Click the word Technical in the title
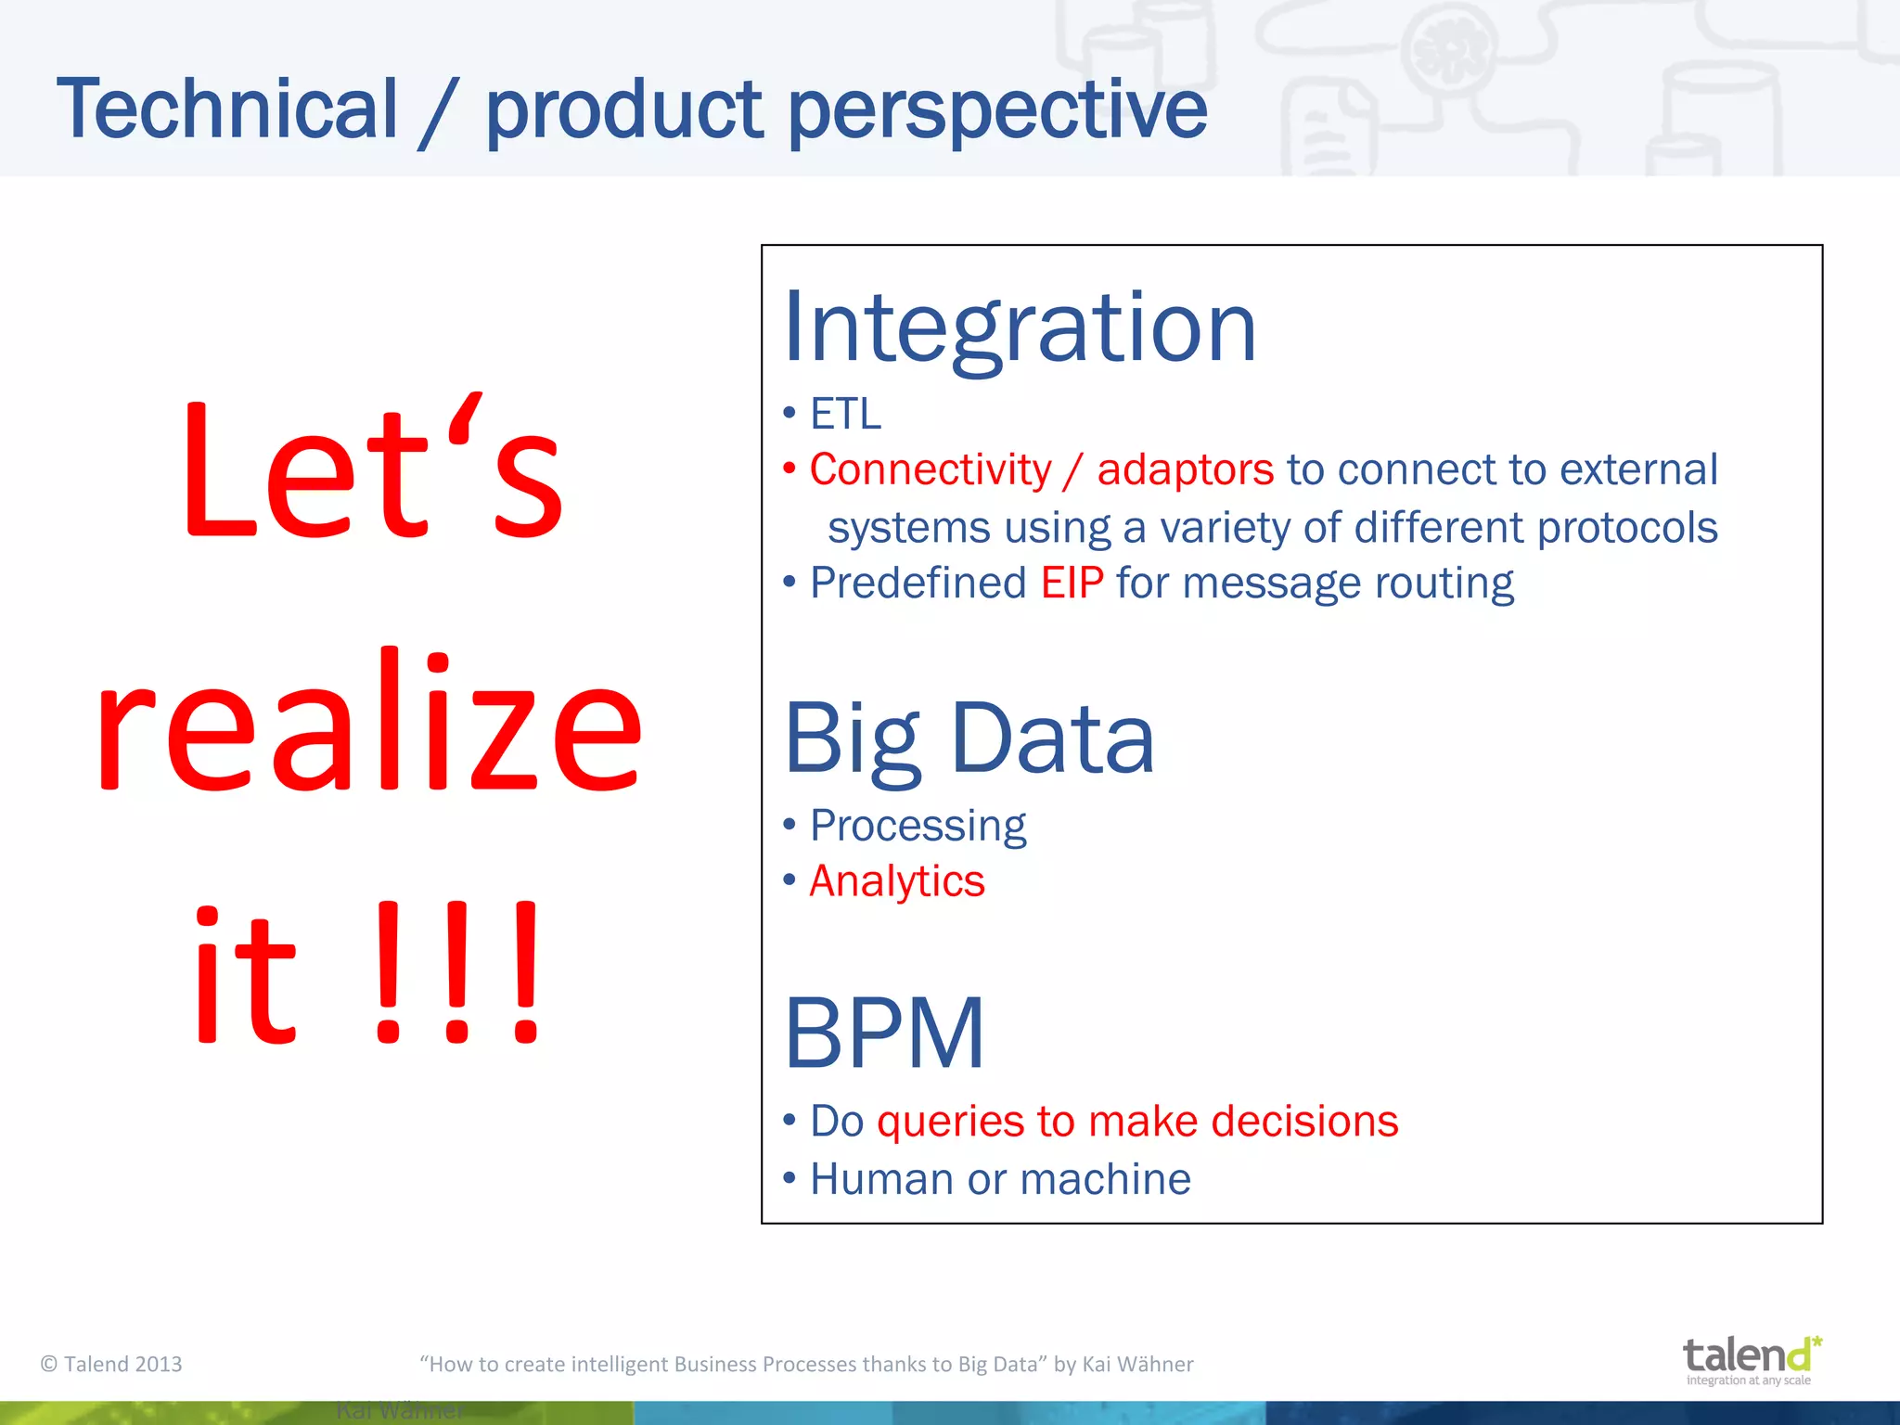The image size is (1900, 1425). point(227,109)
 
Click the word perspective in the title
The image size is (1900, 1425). point(997,111)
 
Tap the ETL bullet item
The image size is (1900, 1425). point(844,414)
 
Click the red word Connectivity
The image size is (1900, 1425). point(931,469)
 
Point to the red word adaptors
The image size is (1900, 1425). point(1185,469)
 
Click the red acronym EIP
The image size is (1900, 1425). point(1072,584)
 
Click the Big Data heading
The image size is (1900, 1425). point(969,739)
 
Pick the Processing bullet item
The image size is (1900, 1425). point(918,825)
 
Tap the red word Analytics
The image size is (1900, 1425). point(896,880)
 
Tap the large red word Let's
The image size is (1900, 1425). point(371,469)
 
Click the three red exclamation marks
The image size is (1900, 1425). point(456,974)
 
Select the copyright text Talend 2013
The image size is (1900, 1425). point(111,1364)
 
